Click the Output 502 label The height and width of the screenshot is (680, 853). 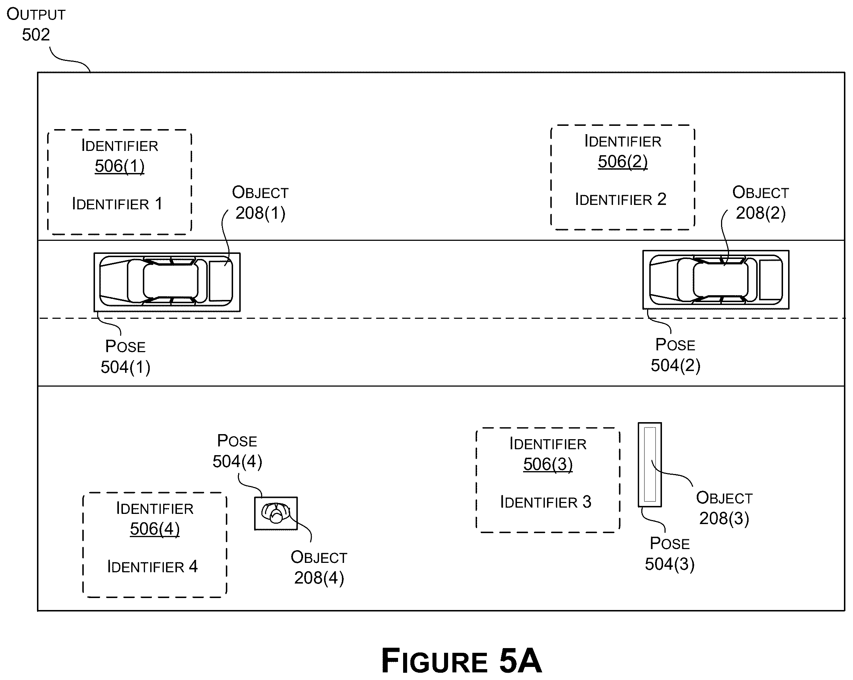[x=36, y=25]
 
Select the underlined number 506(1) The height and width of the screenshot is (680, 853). [x=120, y=166]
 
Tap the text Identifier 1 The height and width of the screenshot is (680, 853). [x=117, y=204]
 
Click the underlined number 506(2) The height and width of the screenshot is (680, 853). [x=622, y=161]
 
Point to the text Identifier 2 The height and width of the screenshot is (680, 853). [x=620, y=199]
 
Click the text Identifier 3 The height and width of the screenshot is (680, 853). [x=546, y=502]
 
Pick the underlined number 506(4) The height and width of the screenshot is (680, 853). [x=155, y=529]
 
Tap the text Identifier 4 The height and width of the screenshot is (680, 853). [x=152, y=566]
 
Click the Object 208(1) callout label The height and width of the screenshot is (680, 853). [x=260, y=203]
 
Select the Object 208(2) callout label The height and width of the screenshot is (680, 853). [x=761, y=203]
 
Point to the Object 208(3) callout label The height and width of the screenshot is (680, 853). [x=724, y=508]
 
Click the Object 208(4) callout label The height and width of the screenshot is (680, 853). [x=319, y=568]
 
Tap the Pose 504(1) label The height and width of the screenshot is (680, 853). [x=125, y=357]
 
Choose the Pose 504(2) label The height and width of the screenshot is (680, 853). [x=675, y=355]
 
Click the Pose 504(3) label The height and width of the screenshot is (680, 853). [x=670, y=554]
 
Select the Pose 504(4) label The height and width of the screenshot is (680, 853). [x=237, y=451]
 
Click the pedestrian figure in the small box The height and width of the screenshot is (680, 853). [x=276, y=513]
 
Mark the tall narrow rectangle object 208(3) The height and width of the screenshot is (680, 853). [x=650, y=465]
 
